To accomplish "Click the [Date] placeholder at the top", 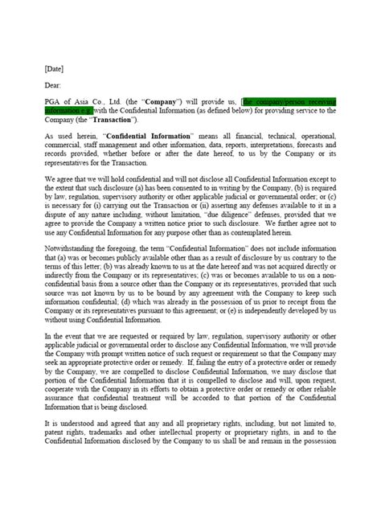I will pos(56,70).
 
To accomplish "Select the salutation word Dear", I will pos(55,85).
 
